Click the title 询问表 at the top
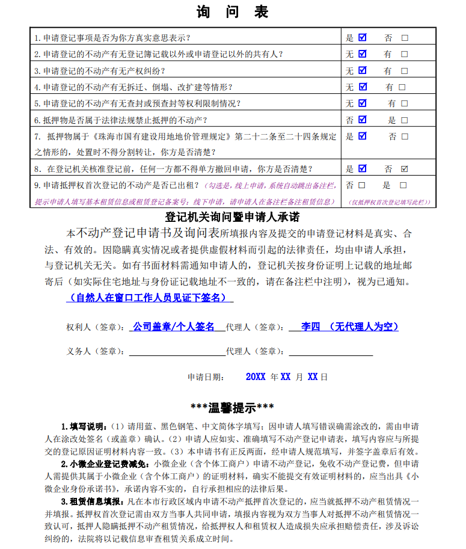point(232,11)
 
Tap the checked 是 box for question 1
point(363,37)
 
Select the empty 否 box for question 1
point(405,37)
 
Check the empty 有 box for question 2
point(404,54)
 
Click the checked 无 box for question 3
point(363,70)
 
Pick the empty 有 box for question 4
point(402,87)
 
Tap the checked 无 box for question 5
point(363,103)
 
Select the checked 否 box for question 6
point(363,120)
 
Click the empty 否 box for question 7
point(404,136)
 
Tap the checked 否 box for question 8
point(404,169)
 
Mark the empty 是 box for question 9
point(403,185)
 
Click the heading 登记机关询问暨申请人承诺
point(232,216)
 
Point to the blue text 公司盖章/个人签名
point(174,327)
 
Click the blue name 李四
point(311,327)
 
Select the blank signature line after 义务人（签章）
point(177,351)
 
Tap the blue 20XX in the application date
point(256,377)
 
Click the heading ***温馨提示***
point(232,408)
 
